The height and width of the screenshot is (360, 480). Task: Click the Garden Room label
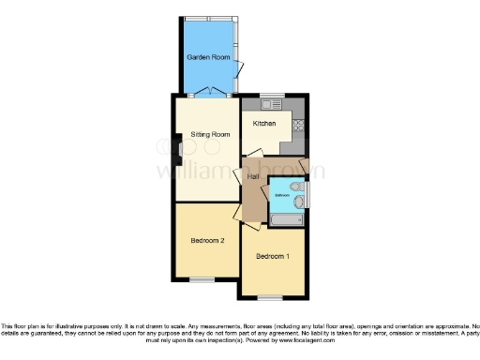(x=207, y=57)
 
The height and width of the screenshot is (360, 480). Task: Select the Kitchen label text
(x=263, y=124)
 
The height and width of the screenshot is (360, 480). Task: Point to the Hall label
(x=253, y=176)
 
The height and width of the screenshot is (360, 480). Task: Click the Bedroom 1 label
(x=273, y=257)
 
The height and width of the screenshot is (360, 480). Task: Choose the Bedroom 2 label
(x=207, y=240)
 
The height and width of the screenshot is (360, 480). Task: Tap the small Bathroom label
(x=281, y=195)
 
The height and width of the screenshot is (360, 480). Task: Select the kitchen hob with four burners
(x=297, y=123)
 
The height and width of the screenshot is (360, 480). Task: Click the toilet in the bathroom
(x=297, y=199)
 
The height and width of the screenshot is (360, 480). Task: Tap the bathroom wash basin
(x=297, y=184)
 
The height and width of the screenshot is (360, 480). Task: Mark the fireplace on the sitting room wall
(x=176, y=146)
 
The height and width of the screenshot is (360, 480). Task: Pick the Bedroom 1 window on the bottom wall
(x=273, y=296)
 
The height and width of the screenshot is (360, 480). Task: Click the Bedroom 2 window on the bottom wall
(x=202, y=279)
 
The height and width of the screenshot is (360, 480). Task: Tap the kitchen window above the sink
(x=272, y=96)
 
